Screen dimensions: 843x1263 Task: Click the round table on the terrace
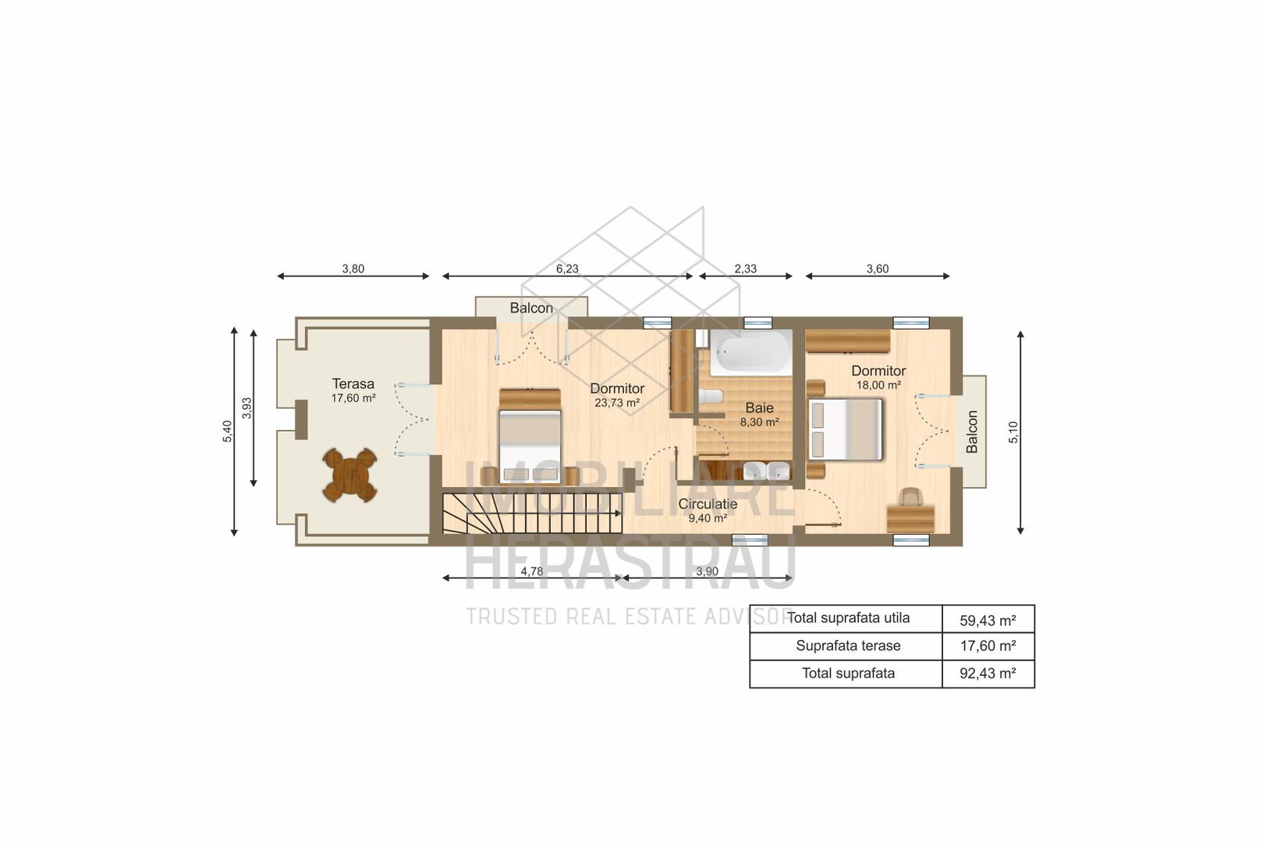tap(349, 475)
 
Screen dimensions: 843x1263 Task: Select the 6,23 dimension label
tap(567, 269)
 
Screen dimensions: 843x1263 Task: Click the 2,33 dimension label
tap(745, 269)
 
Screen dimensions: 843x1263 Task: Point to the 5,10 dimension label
tap(1013, 432)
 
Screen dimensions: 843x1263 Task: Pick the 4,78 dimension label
tap(531, 571)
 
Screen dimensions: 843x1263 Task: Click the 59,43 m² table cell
tap(988, 621)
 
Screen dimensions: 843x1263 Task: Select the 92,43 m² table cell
tap(988, 674)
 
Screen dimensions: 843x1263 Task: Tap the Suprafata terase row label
tap(848, 646)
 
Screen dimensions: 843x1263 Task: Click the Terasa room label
tap(353, 384)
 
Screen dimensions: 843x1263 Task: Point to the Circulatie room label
tap(708, 504)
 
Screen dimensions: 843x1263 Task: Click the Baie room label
tap(759, 407)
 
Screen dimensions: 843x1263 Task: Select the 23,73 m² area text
tap(617, 403)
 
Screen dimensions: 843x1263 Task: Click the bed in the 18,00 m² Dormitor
tap(846, 429)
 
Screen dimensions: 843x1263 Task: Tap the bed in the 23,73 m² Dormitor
tap(530, 437)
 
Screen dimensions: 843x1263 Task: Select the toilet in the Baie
tap(710, 397)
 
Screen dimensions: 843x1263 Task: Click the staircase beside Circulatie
tap(530, 513)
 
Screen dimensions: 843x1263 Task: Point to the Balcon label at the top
tap(531, 308)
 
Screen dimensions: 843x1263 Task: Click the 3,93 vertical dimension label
tap(247, 408)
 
